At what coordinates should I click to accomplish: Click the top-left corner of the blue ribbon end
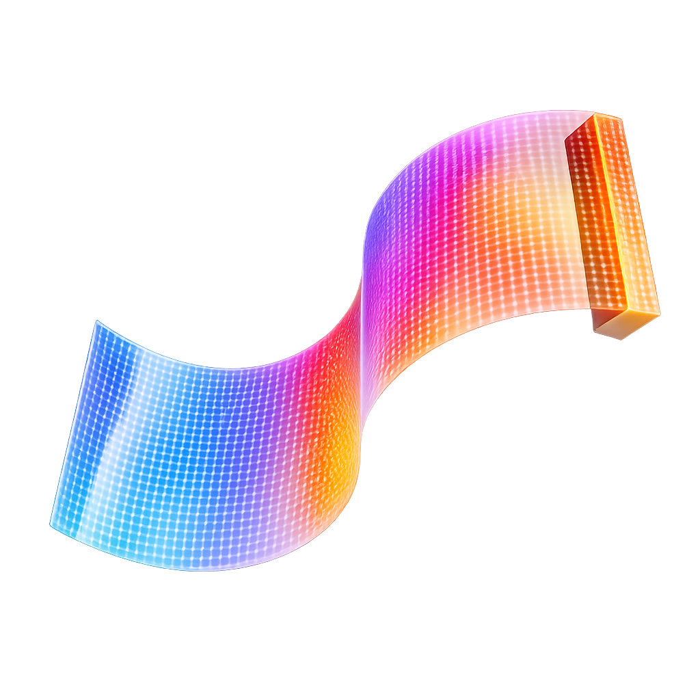coord(97,322)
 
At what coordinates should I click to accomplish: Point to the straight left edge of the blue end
coord(74,424)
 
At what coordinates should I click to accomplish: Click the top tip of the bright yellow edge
coord(596,116)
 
